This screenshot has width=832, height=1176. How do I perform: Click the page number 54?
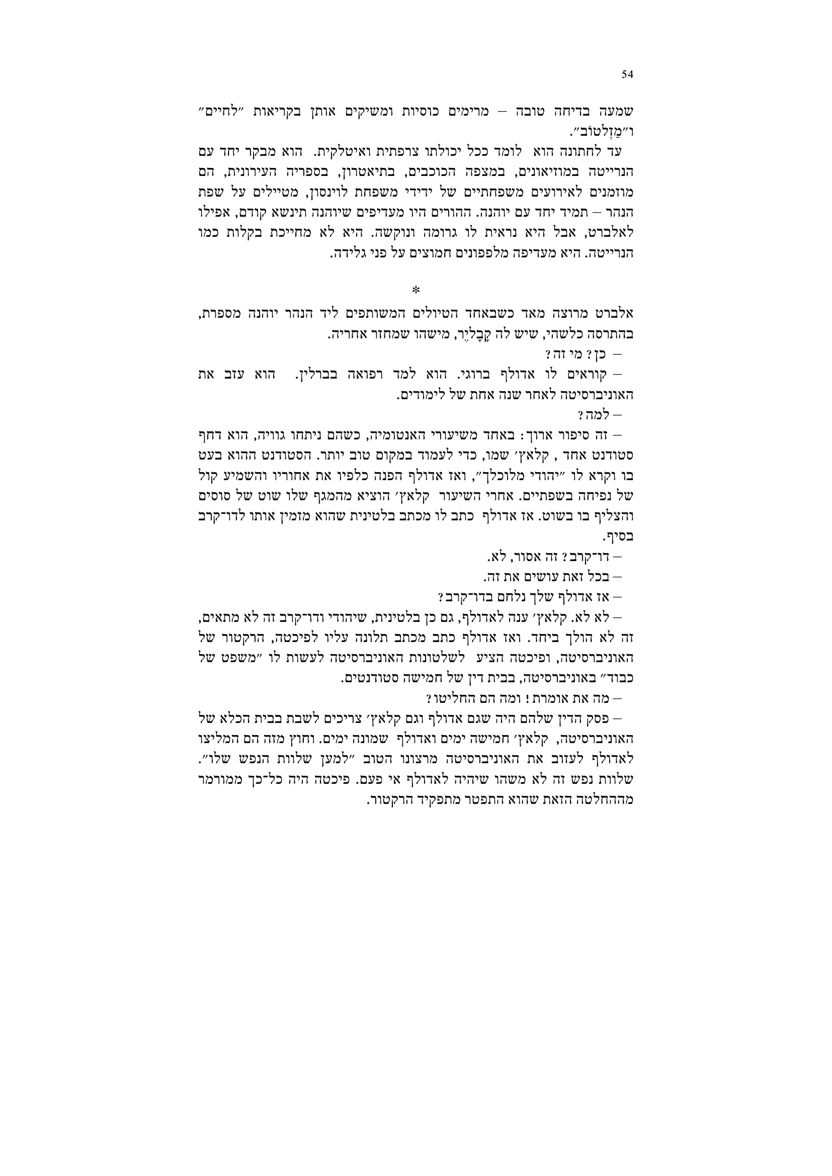[x=628, y=75]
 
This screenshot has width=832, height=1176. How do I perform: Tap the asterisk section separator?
[x=415, y=291]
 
